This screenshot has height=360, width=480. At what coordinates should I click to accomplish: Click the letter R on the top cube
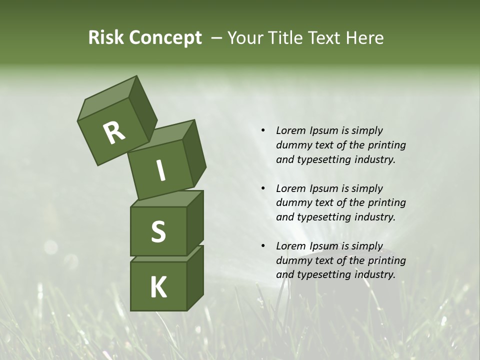pos(114,133)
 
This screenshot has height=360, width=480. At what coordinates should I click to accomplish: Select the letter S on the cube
pos(158,231)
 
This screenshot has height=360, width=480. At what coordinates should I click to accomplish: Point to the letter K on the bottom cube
pos(158,287)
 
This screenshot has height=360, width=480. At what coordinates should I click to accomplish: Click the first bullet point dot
pos(263,130)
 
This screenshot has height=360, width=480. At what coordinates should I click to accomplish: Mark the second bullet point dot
pos(263,188)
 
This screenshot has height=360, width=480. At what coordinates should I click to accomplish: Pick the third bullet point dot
pos(263,246)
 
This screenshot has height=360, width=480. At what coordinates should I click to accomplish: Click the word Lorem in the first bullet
pos(291,130)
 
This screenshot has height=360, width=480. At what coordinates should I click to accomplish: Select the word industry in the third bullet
pos(375,274)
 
